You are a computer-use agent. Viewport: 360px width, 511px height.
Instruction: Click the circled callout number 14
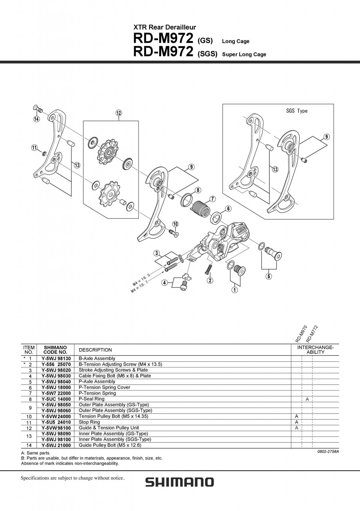click(x=37, y=119)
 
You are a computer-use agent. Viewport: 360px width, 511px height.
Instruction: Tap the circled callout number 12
click(x=119, y=113)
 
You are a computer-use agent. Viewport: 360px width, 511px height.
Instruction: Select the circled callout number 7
click(x=213, y=199)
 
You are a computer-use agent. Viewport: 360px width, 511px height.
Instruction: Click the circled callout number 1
click(x=235, y=290)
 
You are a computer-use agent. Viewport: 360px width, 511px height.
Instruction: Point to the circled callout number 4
click(x=164, y=283)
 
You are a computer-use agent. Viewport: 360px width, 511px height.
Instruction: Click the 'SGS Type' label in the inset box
click(x=297, y=111)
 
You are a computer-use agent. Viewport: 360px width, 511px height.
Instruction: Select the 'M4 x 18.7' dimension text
click(x=139, y=287)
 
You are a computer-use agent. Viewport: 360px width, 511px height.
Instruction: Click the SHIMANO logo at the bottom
click(x=179, y=482)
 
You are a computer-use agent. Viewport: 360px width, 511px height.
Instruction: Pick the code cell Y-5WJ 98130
click(x=56, y=358)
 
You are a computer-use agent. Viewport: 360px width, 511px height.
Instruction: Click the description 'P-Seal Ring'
click(x=91, y=399)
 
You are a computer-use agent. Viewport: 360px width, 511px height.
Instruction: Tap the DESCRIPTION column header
click(x=95, y=350)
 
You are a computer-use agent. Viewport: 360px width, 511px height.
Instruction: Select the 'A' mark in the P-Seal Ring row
click(x=307, y=399)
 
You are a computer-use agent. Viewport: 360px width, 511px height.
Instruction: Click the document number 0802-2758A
click(x=328, y=452)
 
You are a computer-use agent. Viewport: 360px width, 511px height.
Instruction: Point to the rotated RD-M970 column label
click(x=301, y=334)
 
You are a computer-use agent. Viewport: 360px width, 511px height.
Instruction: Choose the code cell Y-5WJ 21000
click(x=56, y=445)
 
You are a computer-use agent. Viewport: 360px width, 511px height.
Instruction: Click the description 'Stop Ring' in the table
click(x=89, y=422)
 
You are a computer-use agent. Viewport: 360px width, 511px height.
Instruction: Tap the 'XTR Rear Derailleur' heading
click(x=164, y=28)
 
